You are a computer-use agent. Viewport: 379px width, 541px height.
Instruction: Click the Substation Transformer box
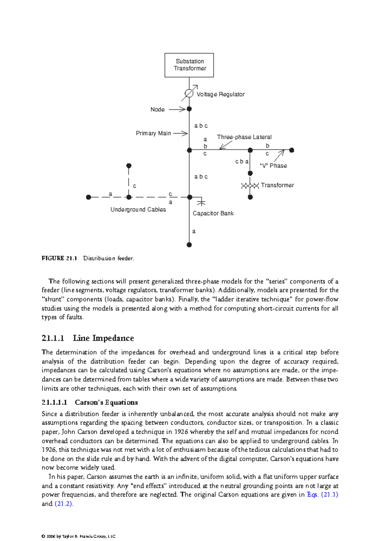click(x=189, y=65)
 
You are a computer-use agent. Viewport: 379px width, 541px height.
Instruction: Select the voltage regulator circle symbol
click(x=189, y=93)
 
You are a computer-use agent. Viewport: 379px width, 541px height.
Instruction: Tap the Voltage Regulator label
click(x=220, y=94)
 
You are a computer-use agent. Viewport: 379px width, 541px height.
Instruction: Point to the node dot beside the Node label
click(x=189, y=109)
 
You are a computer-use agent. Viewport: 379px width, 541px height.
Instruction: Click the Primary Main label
click(x=153, y=133)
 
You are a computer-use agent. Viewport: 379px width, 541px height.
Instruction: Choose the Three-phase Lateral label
click(x=244, y=137)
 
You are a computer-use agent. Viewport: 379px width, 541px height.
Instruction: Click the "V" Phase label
click(x=274, y=166)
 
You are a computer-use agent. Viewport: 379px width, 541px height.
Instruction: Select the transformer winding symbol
click(x=250, y=186)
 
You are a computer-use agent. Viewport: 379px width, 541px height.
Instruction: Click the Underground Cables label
click(x=138, y=210)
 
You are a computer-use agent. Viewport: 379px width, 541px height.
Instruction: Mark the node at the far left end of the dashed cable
click(x=88, y=197)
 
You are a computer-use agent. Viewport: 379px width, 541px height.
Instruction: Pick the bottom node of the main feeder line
click(x=189, y=245)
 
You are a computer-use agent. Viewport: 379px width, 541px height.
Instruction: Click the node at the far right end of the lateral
click(x=292, y=150)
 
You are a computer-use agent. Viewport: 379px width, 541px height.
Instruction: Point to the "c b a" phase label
click(x=242, y=162)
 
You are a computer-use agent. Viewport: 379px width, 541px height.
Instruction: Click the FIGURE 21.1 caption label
click(x=59, y=258)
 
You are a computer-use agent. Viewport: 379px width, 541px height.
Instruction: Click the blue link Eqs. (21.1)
click(x=322, y=495)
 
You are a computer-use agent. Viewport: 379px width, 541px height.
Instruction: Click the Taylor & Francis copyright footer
click(x=79, y=536)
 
